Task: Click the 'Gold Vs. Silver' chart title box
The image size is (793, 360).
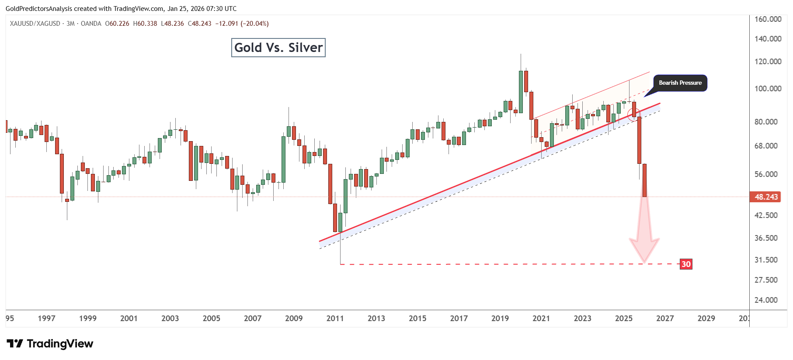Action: click(x=278, y=48)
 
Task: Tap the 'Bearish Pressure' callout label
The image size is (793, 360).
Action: click(x=680, y=83)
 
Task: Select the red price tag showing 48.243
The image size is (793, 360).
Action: click(x=766, y=197)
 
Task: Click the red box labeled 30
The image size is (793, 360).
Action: click(x=686, y=264)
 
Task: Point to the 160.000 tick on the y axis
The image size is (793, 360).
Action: click(x=768, y=19)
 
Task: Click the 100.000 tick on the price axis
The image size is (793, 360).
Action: click(x=768, y=89)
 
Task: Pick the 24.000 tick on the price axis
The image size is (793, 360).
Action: click(x=766, y=300)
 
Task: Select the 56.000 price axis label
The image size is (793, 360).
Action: click(x=766, y=174)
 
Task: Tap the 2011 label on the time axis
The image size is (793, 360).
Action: click(x=335, y=318)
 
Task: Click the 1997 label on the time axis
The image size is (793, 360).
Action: click(x=46, y=318)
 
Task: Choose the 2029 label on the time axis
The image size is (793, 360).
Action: click(x=706, y=318)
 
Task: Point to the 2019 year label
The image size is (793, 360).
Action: click(x=500, y=318)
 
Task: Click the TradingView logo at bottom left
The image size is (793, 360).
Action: click(x=50, y=344)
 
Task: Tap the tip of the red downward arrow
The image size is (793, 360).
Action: click(x=644, y=262)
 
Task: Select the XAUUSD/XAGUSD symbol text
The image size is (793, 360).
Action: click(x=35, y=24)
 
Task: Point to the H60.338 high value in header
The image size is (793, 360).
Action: click(x=145, y=24)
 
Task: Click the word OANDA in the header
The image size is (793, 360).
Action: click(x=91, y=24)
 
